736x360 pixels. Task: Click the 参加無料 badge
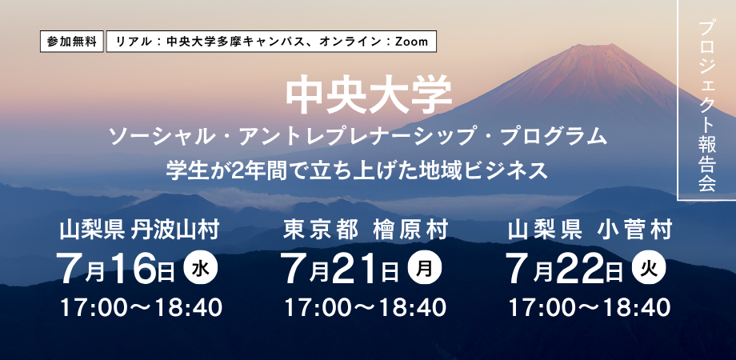coord(72,42)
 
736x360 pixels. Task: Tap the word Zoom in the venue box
coord(411,42)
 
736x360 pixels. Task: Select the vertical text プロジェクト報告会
coord(706,106)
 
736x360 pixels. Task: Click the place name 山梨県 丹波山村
coord(139,231)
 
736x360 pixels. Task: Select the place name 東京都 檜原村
coord(366,231)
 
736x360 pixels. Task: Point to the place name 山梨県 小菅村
coord(590,231)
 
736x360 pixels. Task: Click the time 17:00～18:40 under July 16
coord(141,308)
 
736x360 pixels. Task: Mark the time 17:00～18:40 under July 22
coord(590,308)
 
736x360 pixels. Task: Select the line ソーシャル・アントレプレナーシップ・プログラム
coord(358,137)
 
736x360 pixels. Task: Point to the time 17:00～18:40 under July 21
coord(365,308)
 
